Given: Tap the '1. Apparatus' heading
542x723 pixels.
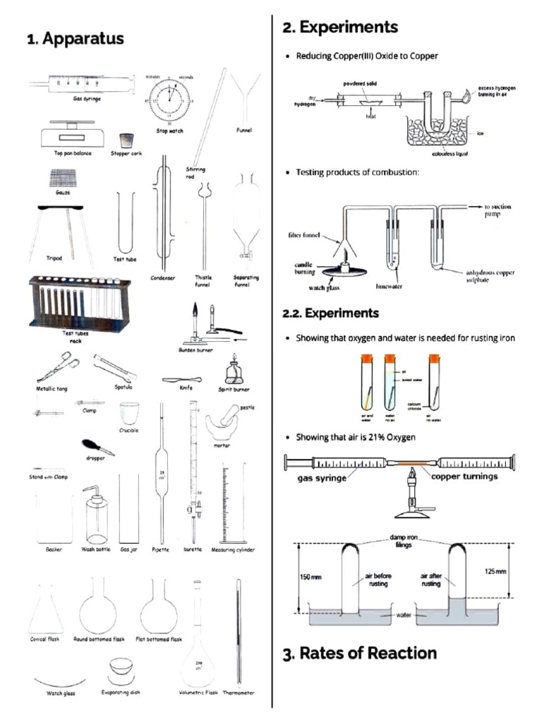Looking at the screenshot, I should click(x=76, y=39).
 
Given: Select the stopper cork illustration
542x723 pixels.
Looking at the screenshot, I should click(x=127, y=140).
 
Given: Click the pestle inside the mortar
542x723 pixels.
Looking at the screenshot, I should click(x=235, y=412).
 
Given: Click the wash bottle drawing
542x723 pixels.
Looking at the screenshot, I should click(x=96, y=515).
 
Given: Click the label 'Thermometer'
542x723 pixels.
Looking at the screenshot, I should click(x=239, y=693).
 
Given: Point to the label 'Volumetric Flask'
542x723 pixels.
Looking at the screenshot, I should click(x=198, y=693).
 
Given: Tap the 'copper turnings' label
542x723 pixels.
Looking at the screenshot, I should click(x=464, y=477).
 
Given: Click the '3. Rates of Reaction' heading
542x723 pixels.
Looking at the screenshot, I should click(x=359, y=653).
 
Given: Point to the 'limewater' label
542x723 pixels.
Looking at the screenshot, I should click(x=390, y=287).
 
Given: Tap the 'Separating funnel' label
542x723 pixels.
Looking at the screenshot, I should click(x=245, y=281).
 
